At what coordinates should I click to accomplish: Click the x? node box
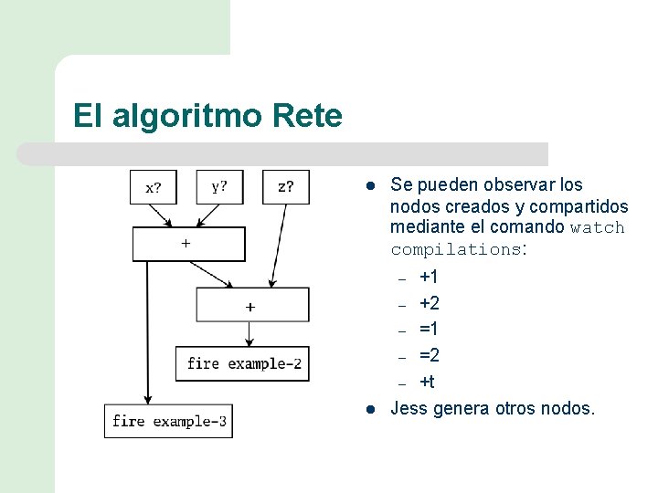[x=154, y=187]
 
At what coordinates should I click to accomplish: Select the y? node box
[x=220, y=187]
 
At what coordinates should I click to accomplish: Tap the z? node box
[x=286, y=187]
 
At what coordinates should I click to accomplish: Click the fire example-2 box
[x=243, y=363]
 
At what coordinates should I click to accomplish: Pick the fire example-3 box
[x=169, y=421]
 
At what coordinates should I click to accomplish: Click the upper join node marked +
[x=189, y=244]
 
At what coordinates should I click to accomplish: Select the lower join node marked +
[x=253, y=306]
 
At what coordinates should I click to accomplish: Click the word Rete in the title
[x=307, y=116]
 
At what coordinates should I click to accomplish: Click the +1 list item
[x=429, y=277]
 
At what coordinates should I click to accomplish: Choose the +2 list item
[x=429, y=303]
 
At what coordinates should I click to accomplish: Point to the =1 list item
[x=429, y=329]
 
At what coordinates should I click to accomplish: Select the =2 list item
[x=429, y=355]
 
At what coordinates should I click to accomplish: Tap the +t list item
[x=427, y=382]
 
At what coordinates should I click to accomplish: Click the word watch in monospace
[x=597, y=227]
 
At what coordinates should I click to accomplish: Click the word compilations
[x=456, y=248]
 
